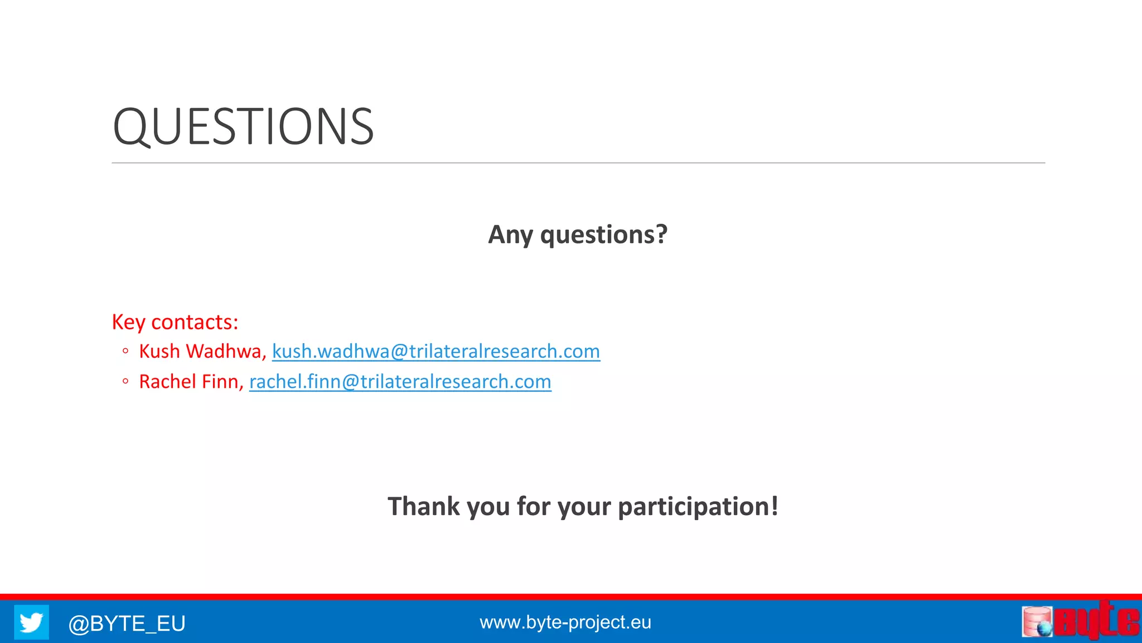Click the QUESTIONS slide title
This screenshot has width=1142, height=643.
tap(243, 127)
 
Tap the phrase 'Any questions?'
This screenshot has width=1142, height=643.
tap(577, 234)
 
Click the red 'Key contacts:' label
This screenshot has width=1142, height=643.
tap(175, 322)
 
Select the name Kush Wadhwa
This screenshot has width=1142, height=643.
tap(200, 352)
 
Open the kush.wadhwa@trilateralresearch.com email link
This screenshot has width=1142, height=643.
tap(435, 352)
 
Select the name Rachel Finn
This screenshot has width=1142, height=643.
tap(189, 382)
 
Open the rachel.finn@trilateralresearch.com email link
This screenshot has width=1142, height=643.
tap(400, 382)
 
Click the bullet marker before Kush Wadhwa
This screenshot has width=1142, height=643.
tap(125, 352)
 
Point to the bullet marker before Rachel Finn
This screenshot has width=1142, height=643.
tap(125, 382)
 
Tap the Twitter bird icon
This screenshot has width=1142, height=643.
tap(31, 622)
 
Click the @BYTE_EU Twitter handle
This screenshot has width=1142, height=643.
tap(127, 623)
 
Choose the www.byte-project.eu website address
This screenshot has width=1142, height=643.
tap(565, 622)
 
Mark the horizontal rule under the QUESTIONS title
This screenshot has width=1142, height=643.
tap(578, 163)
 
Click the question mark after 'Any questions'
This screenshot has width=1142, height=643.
tap(661, 234)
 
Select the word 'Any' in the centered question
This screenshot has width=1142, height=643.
tap(510, 234)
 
